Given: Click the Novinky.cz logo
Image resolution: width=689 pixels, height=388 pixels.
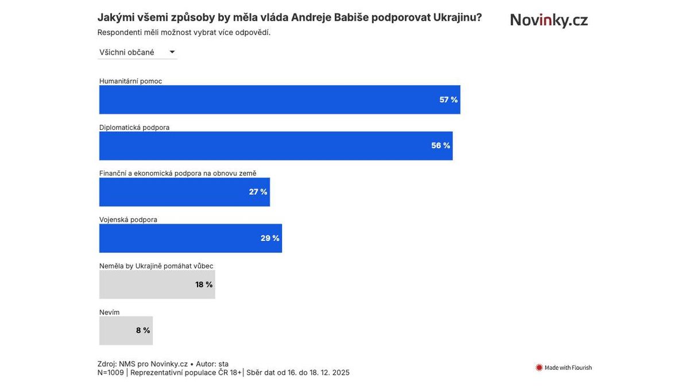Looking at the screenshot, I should pyautogui.click(x=549, y=20).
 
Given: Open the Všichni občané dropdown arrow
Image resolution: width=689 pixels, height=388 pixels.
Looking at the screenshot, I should pyautogui.click(x=172, y=52).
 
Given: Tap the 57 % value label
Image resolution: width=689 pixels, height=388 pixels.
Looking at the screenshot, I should pyautogui.click(x=448, y=99).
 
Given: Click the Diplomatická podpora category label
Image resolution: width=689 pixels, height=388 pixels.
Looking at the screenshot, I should pyautogui.click(x=134, y=127).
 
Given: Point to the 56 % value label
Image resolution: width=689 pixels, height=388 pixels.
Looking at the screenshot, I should pyautogui.click(x=440, y=145).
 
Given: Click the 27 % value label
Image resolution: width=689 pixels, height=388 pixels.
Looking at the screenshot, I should pyautogui.click(x=258, y=192).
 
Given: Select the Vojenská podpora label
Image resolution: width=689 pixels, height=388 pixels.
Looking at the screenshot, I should pyautogui.click(x=128, y=220).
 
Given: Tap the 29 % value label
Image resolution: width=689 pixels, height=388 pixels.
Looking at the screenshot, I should pyautogui.click(x=270, y=238).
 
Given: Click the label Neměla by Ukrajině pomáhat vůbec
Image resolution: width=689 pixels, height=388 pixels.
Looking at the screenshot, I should pyautogui.click(x=156, y=266).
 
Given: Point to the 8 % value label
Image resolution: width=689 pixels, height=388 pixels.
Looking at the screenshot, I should pyautogui.click(x=143, y=331).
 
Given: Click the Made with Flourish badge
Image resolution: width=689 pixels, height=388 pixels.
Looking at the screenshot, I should pyautogui.click(x=563, y=367).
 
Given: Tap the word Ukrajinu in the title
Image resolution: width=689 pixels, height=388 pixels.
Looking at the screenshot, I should pyautogui.click(x=457, y=17).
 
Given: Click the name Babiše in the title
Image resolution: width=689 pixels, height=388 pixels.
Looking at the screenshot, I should pyautogui.click(x=351, y=17).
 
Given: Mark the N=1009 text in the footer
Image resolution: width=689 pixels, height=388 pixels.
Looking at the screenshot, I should pyautogui.click(x=110, y=372).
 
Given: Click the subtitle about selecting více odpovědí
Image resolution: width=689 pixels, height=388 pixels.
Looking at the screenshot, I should pyautogui.click(x=184, y=32).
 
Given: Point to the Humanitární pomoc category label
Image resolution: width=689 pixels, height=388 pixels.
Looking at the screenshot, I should pyautogui.click(x=130, y=81).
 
